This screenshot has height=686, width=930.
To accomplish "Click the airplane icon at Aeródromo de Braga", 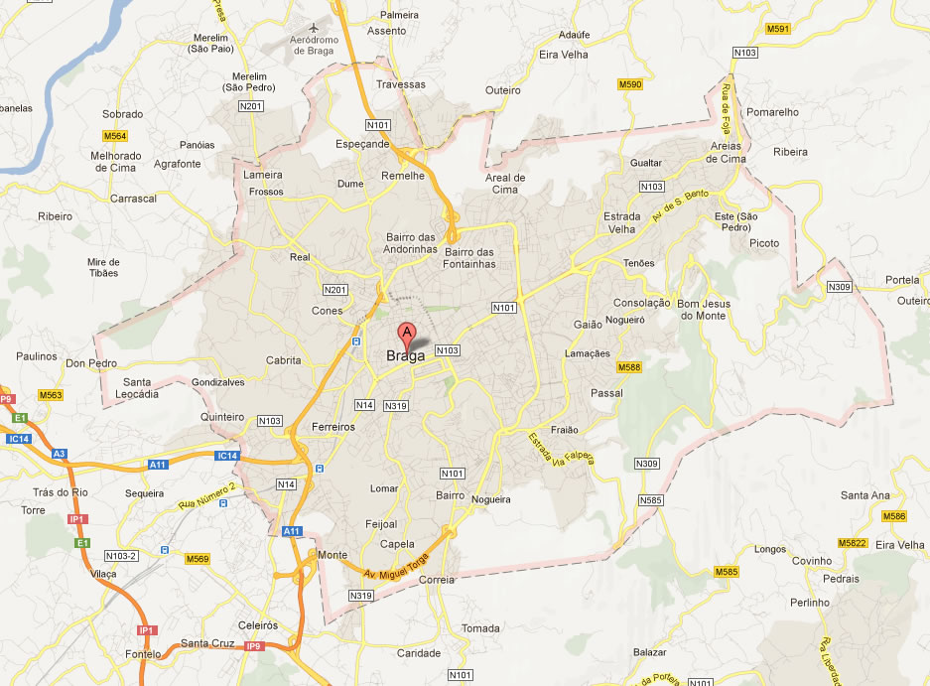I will point(316,26).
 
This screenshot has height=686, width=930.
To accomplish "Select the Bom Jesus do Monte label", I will point(703,309).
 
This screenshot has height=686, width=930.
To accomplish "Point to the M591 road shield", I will point(778,29).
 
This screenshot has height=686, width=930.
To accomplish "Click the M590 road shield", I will point(629,84).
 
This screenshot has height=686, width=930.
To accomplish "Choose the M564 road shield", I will point(114,135).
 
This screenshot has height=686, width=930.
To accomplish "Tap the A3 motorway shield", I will point(60,454).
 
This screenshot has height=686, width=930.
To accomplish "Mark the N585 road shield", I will point(651,499).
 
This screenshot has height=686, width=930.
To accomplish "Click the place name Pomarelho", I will point(772,112).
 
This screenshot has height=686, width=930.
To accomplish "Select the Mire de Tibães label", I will point(103,266).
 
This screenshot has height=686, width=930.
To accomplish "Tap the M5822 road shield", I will point(852,543).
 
